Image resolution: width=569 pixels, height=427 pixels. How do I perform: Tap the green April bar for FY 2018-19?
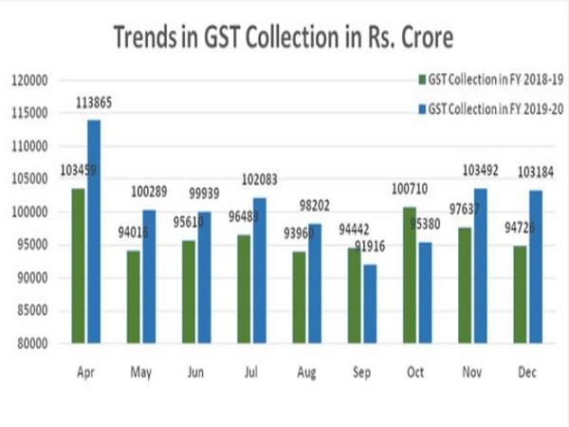tap(77, 265)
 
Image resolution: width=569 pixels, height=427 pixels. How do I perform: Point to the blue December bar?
tap(538, 266)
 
